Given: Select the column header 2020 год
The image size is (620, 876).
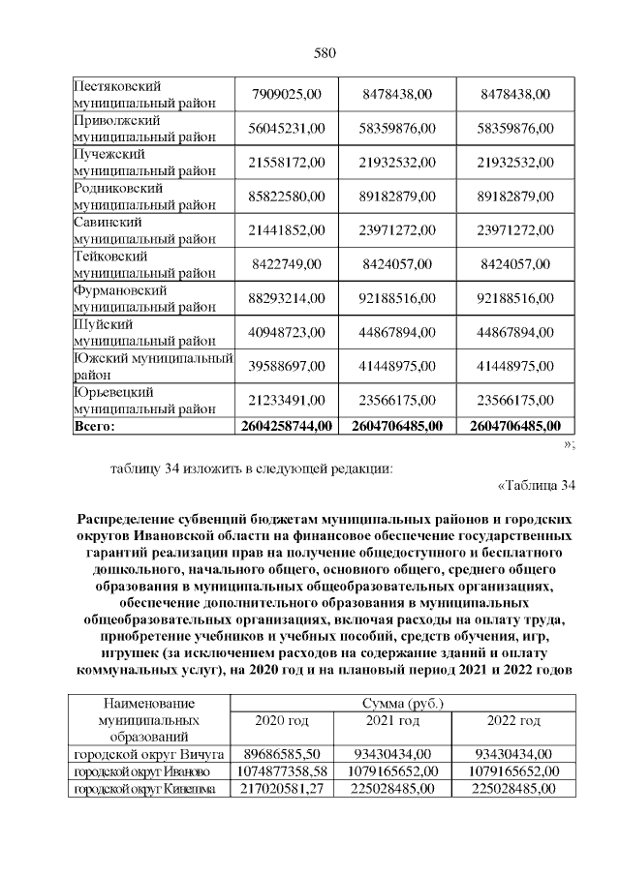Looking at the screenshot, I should coord(281,721).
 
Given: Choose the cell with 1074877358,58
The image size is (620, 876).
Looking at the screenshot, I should coord(281,771).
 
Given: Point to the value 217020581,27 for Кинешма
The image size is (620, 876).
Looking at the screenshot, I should coord(281,789).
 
